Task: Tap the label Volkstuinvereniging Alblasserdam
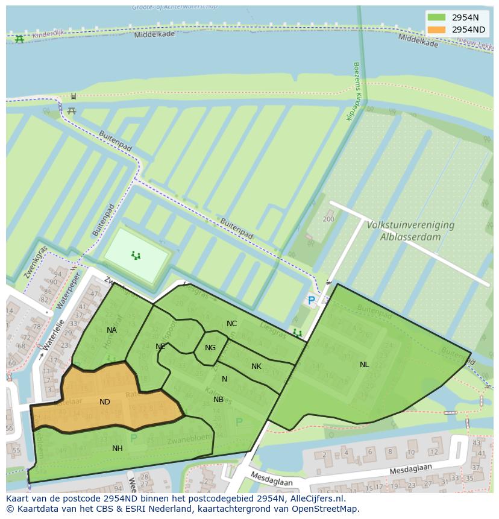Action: tap(410, 230)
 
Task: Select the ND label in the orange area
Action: tap(105, 402)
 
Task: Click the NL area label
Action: tap(364, 365)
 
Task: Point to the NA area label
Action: tap(111, 330)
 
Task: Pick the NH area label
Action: tap(117, 448)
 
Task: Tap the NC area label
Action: tap(231, 324)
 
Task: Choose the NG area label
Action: tap(210, 348)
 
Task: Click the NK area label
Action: tap(256, 366)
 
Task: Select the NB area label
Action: tap(218, 400)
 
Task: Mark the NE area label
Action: tap(160, 347)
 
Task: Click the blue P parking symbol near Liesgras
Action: tap(311, 300)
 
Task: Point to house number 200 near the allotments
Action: tap(328, 219)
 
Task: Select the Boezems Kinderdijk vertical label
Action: tap(351, 91)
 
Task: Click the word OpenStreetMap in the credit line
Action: tap(329, 509)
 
